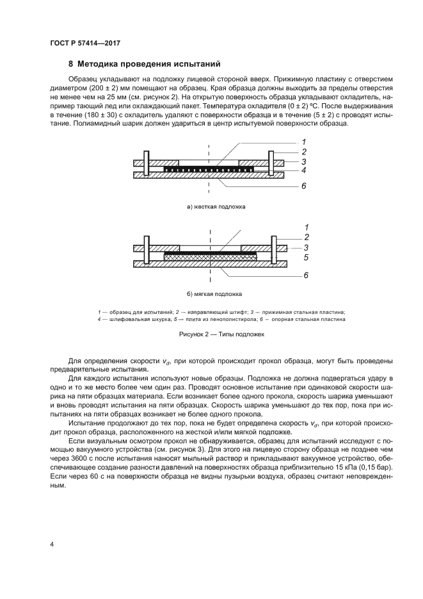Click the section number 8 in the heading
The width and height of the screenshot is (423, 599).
pyautogui.click(x=70, y=64)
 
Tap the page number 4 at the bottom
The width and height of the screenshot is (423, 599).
pyautogui.click(x=52, y=545)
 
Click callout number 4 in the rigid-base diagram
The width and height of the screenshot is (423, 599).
pyautogui.click(x=304, y=171)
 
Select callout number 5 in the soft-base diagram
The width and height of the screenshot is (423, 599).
pyautogui.click(x=306, y=258)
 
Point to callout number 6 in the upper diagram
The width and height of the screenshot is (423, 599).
pyautogui.click(x=305, y=186)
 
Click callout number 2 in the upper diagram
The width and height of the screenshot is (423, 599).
pyautogui.click(x=304, y=152)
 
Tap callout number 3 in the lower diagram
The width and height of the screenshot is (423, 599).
pyautogui.click(x=306, y=247)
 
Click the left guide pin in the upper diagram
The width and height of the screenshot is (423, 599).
pyautogui.click(x=147, y=164)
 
